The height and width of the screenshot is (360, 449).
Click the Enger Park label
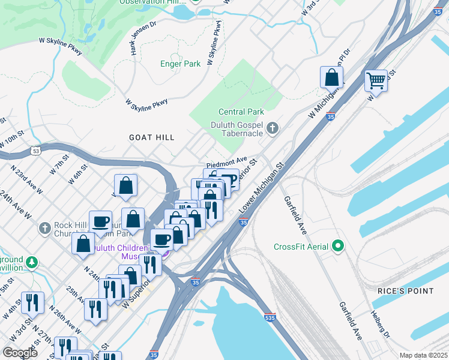(x=180, y=64)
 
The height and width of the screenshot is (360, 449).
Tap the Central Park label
(x=241, y=112)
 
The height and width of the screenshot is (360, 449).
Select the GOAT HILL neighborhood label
(x=152, y=137)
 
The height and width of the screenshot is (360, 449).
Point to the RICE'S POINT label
(x=405, y=291)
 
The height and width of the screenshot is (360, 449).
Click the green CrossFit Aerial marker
(x=338, y=246)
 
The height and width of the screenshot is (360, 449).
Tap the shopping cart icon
(x=376, y=80)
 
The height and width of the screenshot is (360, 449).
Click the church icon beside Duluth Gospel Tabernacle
(x=273, y=128)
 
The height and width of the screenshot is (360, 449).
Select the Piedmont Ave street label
(x=227, y=161)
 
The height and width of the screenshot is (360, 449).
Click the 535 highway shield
(x=273, y=318)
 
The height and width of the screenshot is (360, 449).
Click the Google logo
(x=20, y=352)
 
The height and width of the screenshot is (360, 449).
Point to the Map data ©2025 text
(x=423, y=355)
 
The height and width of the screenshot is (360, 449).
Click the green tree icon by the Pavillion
(x=31, y=262)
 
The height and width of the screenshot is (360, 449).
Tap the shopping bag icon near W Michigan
(x=331, y=77)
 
